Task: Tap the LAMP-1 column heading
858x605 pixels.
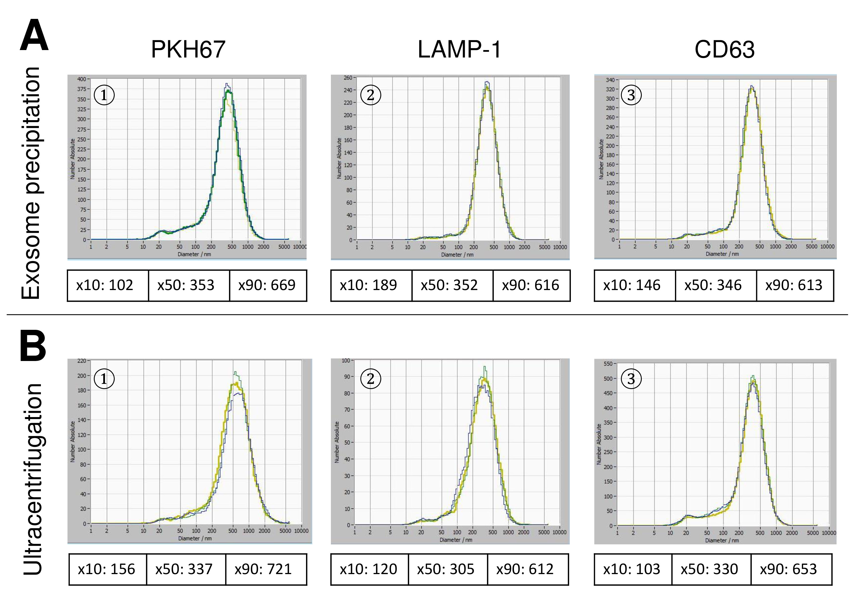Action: [x=459, y=49]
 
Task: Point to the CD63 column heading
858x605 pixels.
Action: [x=724, y=49]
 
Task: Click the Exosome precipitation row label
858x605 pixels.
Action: [x=31, y=183]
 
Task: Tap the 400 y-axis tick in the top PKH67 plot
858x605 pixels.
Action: [x=82, y=79]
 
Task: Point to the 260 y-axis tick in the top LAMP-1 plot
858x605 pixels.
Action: [x=347, y=78]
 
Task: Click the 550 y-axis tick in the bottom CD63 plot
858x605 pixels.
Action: [x=608, y=364]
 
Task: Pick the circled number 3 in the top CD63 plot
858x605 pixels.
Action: [x=631, y=95]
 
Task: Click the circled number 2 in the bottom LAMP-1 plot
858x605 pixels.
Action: [x=370, y=379]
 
